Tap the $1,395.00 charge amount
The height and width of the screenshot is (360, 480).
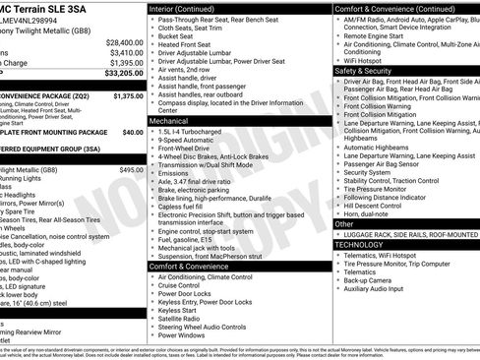(124, 62)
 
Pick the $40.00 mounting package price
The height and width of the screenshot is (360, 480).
(132, 131)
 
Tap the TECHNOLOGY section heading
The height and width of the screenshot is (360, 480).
(366, 244)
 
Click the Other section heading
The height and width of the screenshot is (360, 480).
(344, 224)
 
